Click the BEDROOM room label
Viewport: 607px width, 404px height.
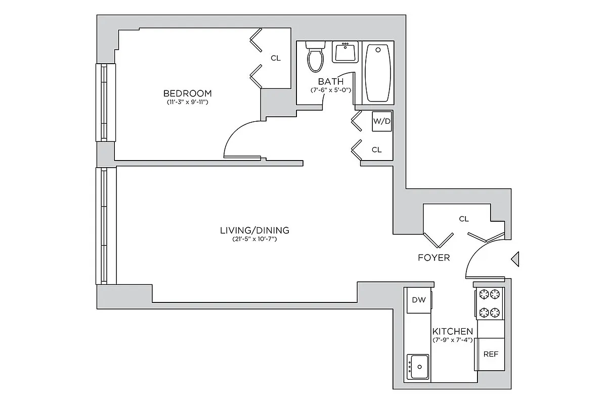point(187,93)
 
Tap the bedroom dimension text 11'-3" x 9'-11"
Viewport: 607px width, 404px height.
point(187,103)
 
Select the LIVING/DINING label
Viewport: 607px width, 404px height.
point(254,230)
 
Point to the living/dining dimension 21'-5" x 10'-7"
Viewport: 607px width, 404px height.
point(254,239)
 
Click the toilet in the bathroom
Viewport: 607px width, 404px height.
point(316,57)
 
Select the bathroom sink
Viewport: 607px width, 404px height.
point(345,52)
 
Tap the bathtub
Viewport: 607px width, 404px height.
point(378,72)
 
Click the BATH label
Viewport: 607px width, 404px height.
point(331,81)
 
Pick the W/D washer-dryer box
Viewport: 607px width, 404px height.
point(382,121)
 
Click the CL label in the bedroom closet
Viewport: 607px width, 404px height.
point(275,58)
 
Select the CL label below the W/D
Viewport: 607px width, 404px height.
point(377,150)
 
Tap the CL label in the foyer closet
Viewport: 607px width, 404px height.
point(464,219)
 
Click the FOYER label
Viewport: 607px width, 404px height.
point(433,258)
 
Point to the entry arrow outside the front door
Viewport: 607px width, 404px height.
point(515,259)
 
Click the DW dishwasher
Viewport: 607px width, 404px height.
point(418,300)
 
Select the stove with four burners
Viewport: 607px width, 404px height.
point(490,304)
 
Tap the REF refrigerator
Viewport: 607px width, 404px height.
point(491,354)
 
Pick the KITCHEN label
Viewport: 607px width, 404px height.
point(453,331)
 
